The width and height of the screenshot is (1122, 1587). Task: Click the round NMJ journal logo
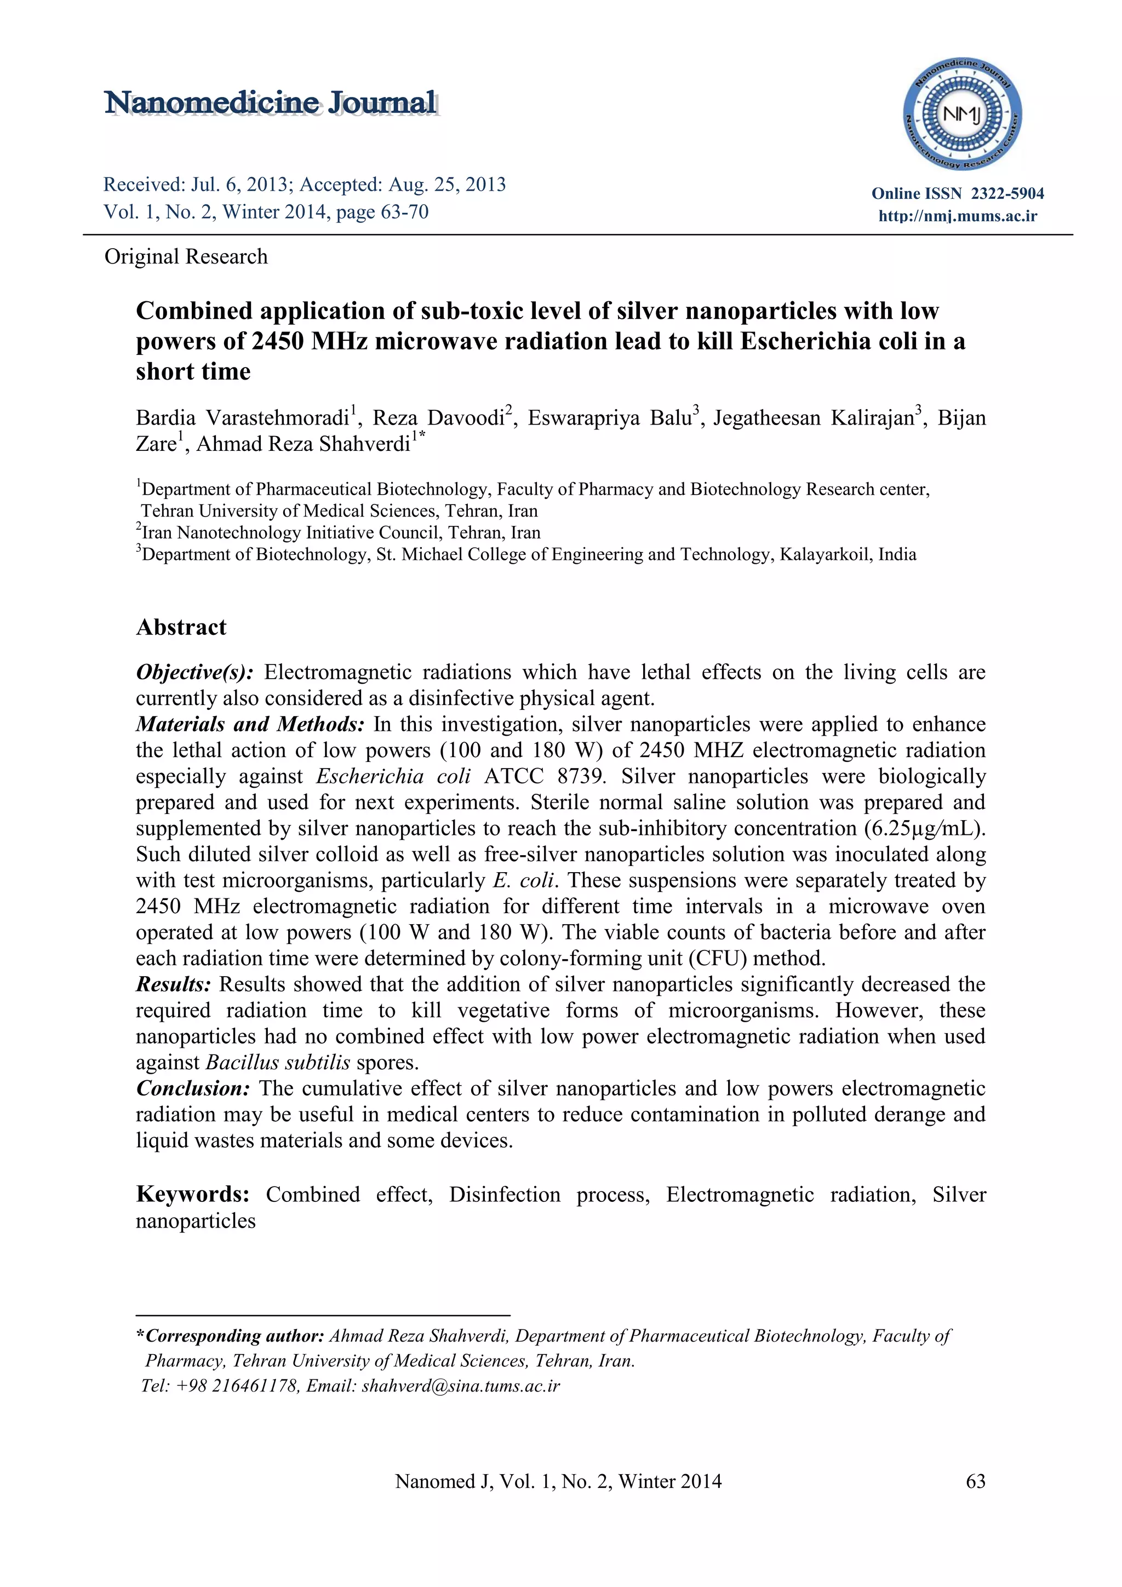click(963, 114)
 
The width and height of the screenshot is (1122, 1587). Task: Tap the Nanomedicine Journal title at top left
click(270, 103)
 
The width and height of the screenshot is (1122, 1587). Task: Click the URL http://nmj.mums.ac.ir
click(958, 216)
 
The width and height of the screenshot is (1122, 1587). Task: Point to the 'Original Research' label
click(185, 256)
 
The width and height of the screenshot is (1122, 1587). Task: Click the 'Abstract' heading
click(181, 627)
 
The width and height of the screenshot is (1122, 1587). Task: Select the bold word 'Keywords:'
click(192, 1194)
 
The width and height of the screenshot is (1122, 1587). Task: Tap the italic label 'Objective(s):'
click(195, 672)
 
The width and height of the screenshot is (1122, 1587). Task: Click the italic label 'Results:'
click(174, 984)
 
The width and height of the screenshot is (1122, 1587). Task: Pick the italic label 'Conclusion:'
click(193, 1088)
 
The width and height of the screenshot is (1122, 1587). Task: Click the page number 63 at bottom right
click(975, 1481)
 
